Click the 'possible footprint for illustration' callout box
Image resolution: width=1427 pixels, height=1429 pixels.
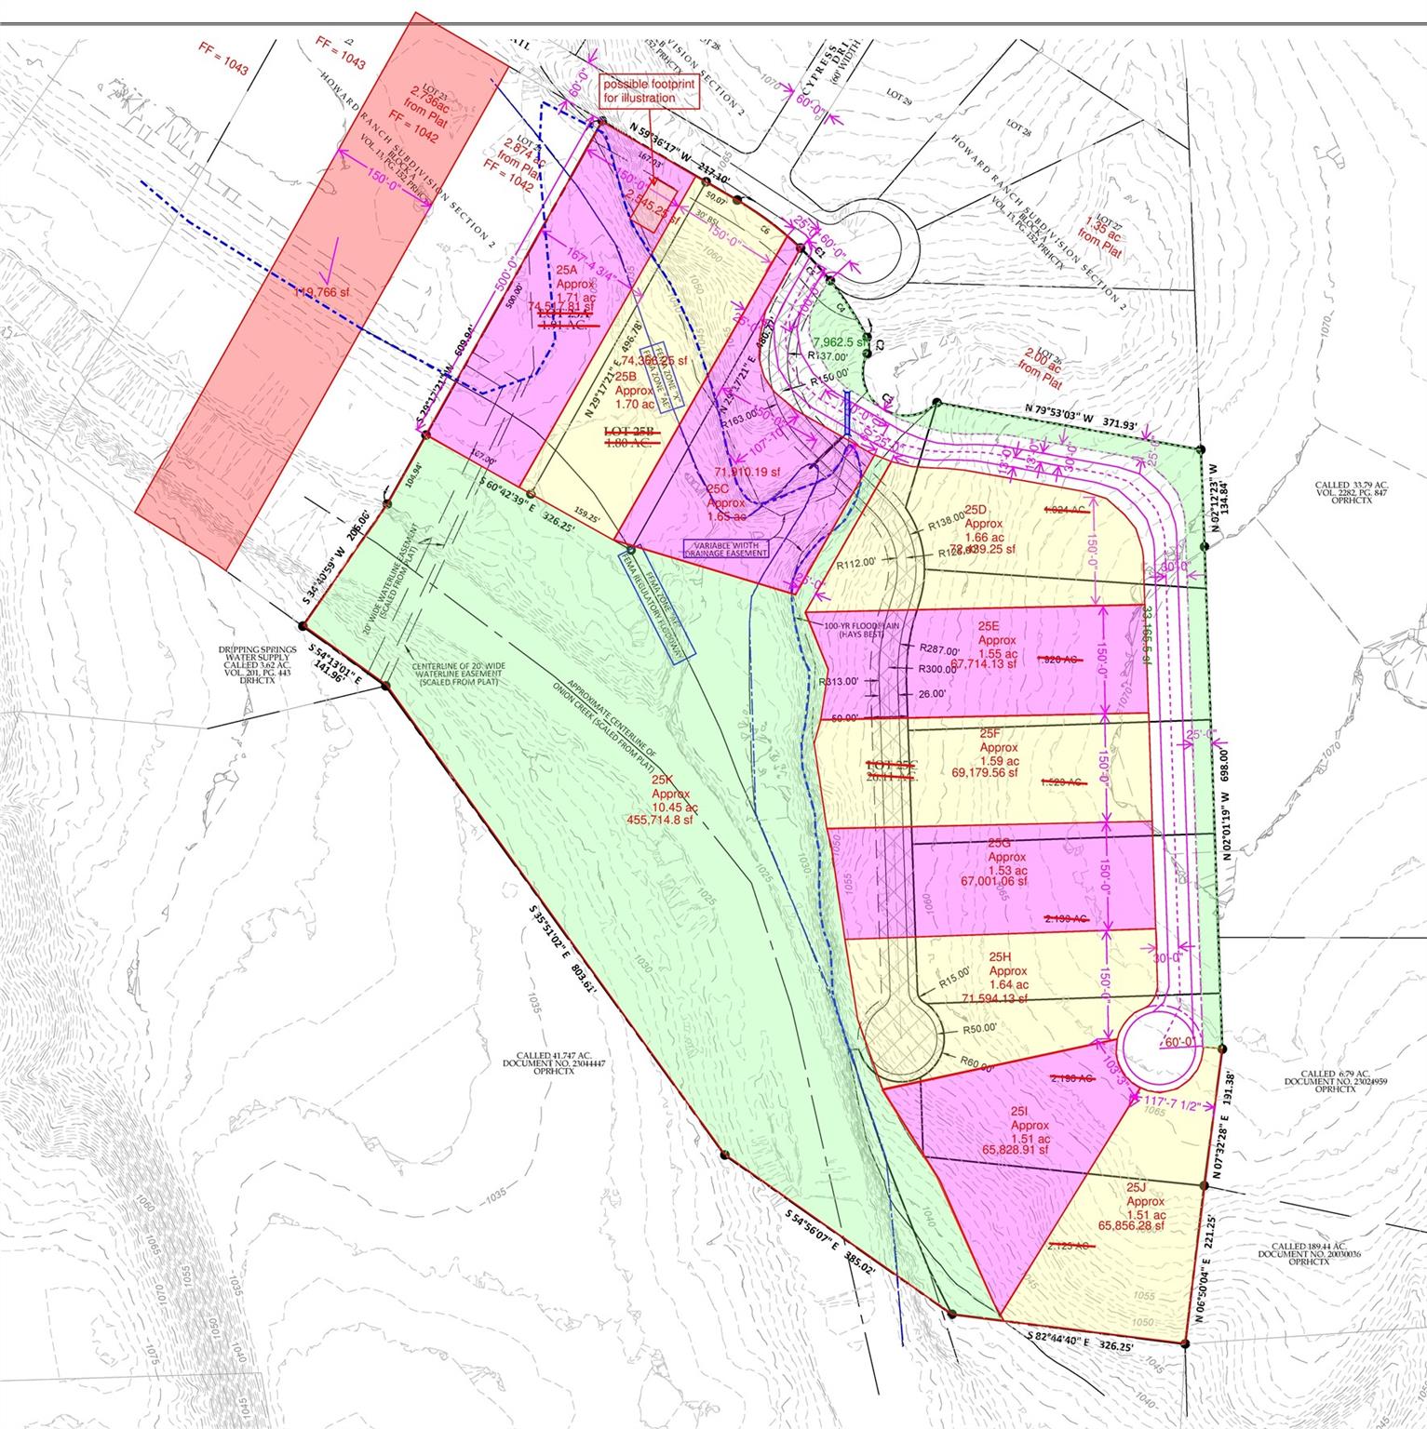point(650,91)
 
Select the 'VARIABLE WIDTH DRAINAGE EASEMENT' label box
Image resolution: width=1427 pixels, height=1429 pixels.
point(727,548)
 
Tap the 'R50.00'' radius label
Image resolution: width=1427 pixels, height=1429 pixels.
point(979,1028)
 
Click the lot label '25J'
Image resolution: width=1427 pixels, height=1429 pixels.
point(1136,1187)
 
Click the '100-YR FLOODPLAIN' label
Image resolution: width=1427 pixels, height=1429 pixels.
point(860,629)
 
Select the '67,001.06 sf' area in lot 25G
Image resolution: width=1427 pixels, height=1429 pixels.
point(993,881)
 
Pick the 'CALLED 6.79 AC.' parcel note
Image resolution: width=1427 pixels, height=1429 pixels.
point(1325,1080)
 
